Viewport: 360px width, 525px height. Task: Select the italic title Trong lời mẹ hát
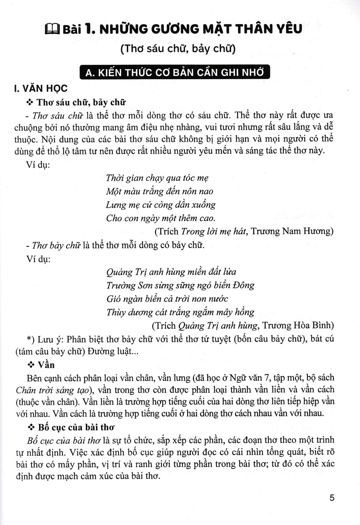pos(213,231)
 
